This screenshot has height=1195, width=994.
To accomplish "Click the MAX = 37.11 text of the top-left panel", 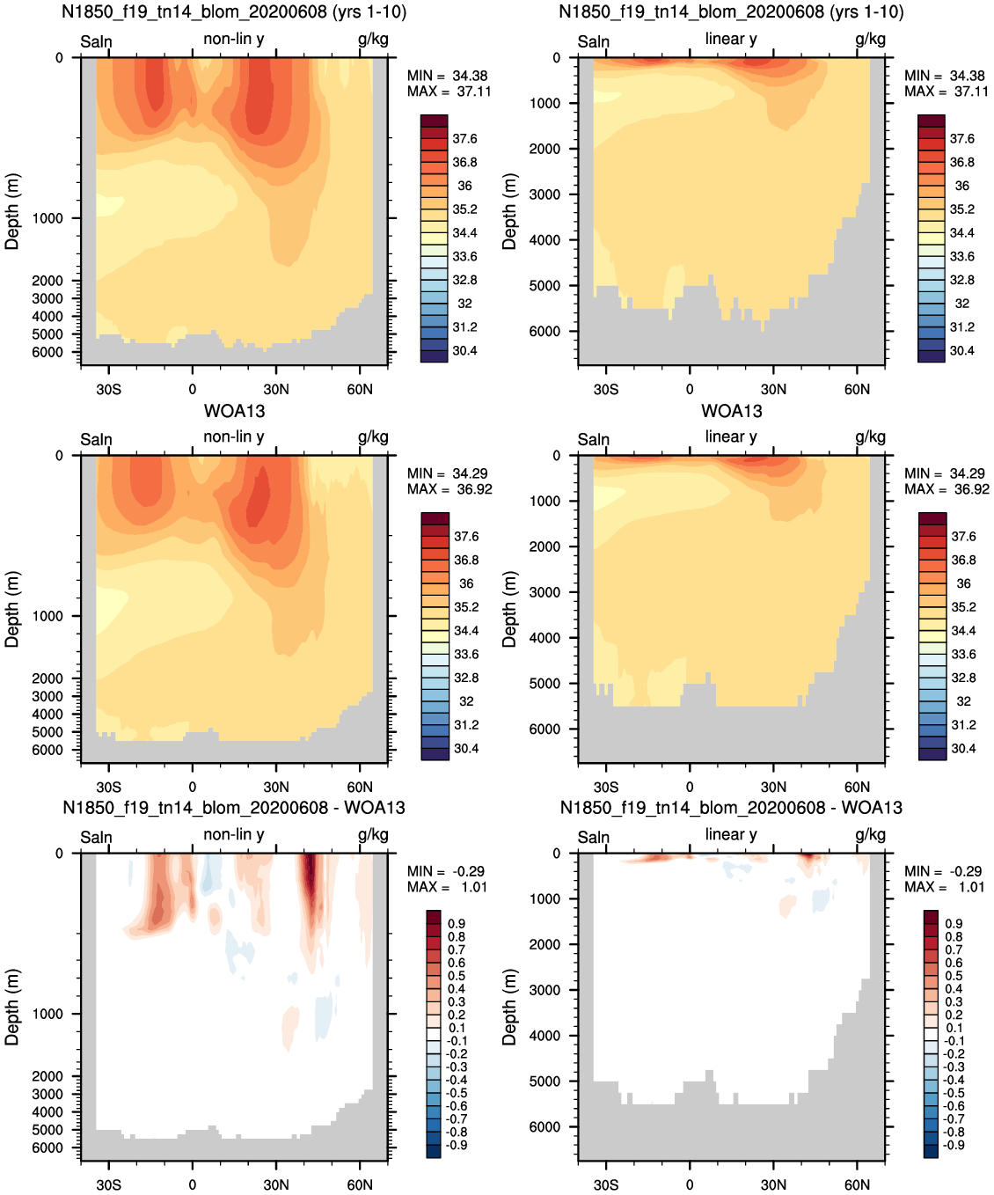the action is click(449, 91).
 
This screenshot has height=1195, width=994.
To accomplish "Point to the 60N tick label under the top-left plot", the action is click(360, 389).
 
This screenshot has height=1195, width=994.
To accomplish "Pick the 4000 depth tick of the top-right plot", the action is click(545, 240).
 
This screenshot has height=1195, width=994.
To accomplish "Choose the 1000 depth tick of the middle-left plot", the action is click(48, 616).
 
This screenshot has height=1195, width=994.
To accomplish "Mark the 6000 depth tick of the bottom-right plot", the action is click(545, 1127).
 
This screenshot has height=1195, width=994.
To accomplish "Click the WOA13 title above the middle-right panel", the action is click(731, 411).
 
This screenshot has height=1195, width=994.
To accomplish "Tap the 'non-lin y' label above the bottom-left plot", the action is click(233, 835).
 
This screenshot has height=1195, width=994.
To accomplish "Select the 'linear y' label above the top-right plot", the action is click(731, 39).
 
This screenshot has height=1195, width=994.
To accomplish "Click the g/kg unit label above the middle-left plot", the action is click(373, 438).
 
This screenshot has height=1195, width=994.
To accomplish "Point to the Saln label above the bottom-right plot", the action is click(594, 838).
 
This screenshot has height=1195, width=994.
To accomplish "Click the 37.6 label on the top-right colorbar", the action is click(962, 139).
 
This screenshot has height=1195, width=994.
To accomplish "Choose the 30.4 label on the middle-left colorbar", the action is click(466, 749).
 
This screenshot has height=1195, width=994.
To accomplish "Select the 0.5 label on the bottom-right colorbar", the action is click(954, 976).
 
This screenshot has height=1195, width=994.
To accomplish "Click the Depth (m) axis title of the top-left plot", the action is click(12, 211).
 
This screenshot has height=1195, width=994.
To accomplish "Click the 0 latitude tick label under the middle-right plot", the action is click(690, 787).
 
